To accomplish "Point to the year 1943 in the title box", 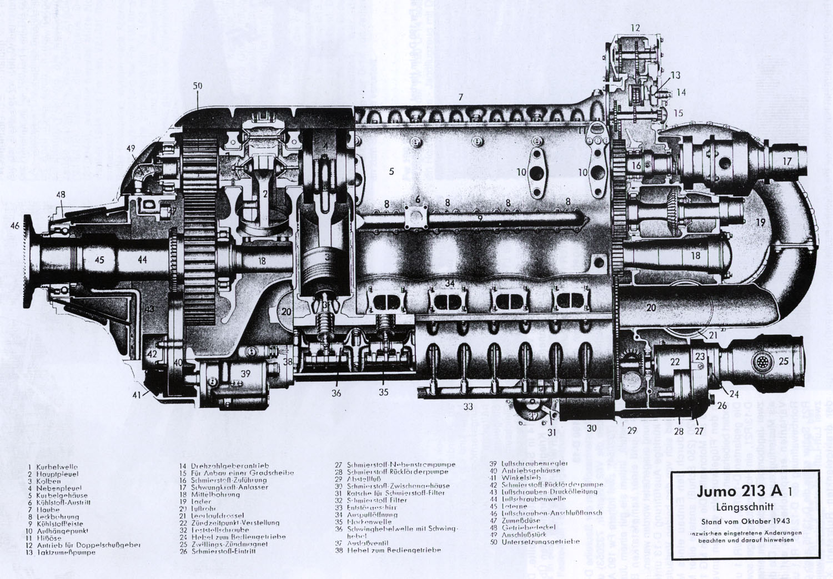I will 779,521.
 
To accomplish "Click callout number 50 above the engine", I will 198,86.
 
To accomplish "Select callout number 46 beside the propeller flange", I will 14,225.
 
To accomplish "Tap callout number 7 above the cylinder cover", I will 460,97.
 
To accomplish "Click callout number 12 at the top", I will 635,27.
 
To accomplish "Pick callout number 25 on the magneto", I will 783,361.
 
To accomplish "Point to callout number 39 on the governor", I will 245,374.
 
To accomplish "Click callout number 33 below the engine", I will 468,406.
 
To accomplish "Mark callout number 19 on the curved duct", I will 760,222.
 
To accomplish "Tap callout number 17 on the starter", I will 787,161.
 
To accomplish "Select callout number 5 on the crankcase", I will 392,172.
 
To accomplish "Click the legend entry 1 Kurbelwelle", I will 53,467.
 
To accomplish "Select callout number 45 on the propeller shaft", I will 99,259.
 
